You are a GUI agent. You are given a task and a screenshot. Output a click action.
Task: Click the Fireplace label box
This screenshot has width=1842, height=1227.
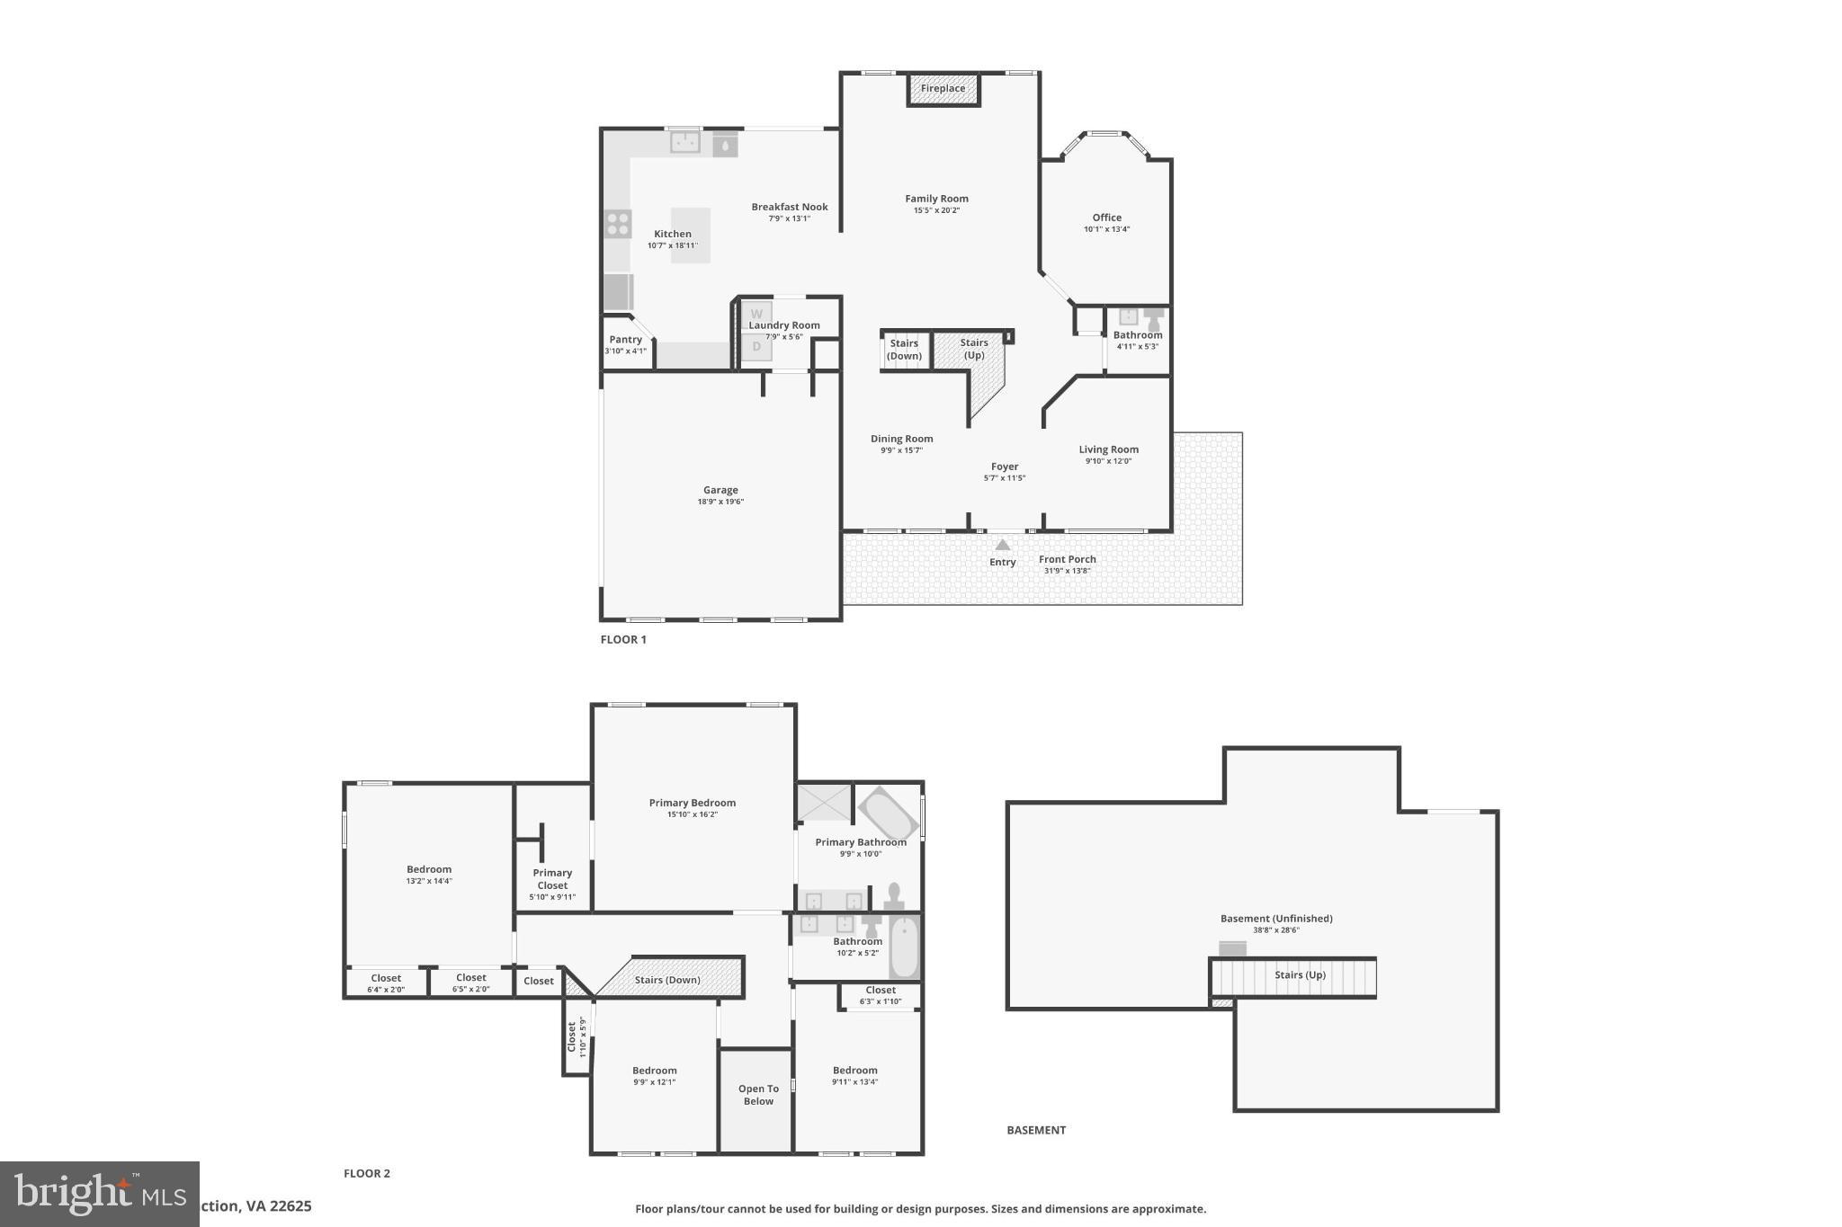coord(943,89)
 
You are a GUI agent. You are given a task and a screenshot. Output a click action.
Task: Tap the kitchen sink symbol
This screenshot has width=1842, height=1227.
coord(685,142)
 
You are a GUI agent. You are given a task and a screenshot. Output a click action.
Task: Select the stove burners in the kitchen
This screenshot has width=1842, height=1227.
coord(618,223)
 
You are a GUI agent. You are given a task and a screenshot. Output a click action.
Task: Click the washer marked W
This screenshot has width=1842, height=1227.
coord(756,315)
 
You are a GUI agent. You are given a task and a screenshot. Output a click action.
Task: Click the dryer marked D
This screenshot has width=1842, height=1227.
coord(756,346)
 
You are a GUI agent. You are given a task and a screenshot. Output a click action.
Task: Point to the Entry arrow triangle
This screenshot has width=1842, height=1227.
coord(1003,545)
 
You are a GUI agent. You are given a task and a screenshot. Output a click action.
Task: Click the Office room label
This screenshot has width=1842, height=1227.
coord(1106,218)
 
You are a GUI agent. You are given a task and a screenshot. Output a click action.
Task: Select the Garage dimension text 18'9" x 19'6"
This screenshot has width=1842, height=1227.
coord(720,502)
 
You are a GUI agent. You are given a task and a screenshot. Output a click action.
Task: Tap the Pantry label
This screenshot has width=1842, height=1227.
coord(625,340)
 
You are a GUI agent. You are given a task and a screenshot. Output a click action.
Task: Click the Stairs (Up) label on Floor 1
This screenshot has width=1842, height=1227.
coord(974,348)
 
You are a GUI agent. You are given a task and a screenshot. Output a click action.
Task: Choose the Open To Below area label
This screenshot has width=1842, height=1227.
coord(758,1095)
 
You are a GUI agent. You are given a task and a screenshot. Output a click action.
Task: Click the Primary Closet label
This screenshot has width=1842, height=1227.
coord(552,879)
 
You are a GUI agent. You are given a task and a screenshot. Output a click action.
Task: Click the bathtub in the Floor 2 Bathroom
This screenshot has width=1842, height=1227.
coord(904,947)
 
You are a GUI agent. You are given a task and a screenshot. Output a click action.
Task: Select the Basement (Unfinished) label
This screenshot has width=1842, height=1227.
coord(1275,919)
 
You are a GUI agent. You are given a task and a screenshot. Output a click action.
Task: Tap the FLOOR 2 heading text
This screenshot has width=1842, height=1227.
coord(367,1173)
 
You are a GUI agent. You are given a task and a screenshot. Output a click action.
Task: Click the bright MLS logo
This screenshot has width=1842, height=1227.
coord(100,1194)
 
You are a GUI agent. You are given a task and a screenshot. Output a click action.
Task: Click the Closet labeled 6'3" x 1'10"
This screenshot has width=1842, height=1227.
coord(881,995)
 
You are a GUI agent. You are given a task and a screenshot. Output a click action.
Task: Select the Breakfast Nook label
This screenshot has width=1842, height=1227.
coord(790,207)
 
